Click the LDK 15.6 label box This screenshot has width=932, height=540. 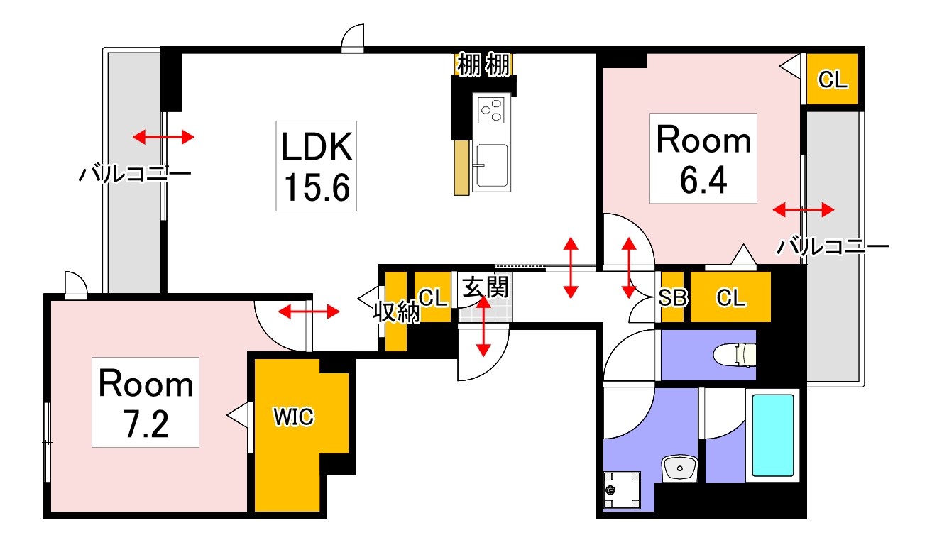pos(316,166)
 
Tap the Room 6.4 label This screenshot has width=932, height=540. pos(703,158)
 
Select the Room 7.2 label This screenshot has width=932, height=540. pos(146,402)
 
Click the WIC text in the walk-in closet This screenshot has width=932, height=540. pos(293,417)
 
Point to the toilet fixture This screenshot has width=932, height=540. pos(735,355)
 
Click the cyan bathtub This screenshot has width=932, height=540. pos(773,435)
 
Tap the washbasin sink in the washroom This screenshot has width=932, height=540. pos(679,468)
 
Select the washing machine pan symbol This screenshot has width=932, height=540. pos(622,490)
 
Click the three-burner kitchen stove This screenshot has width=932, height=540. pos(491,110)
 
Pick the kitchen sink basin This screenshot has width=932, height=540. pos(492,165)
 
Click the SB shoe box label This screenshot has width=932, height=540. pos(673,297)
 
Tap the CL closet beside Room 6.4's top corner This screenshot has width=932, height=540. pos(832,79)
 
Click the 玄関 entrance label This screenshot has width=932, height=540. pos(486,287)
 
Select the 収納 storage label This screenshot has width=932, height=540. pos(396,312)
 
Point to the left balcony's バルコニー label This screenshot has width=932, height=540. pos(135,174)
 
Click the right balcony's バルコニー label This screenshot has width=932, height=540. pos(833,247)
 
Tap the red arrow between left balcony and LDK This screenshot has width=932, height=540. pos(163,137)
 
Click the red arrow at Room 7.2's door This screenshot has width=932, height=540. pos(309,312)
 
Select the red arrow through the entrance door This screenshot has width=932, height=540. pos(483,326)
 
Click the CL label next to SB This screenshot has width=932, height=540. pos(730,297)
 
